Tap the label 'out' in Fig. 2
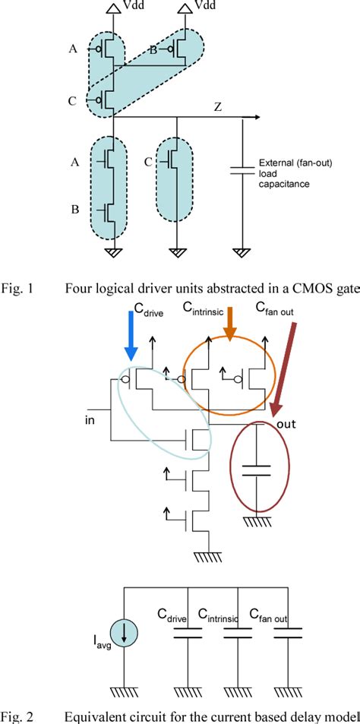tap(286, 423)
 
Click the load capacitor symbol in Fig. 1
tap(242, 171)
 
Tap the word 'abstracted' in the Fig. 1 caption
tap(218, 288)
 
